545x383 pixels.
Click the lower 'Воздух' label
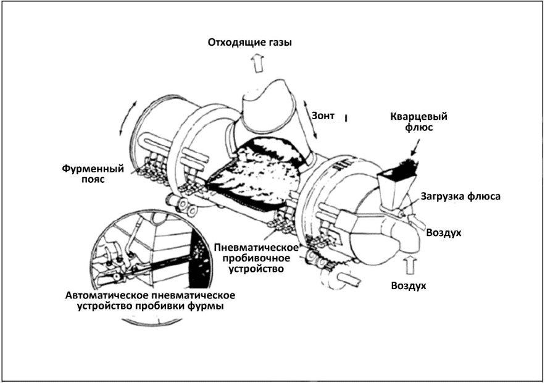[x=409, y=285]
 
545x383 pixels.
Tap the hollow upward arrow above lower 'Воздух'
[x=409, y=266]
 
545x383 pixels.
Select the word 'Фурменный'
[x=93, y=168]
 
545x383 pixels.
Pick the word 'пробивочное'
[x=254, y=258]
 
